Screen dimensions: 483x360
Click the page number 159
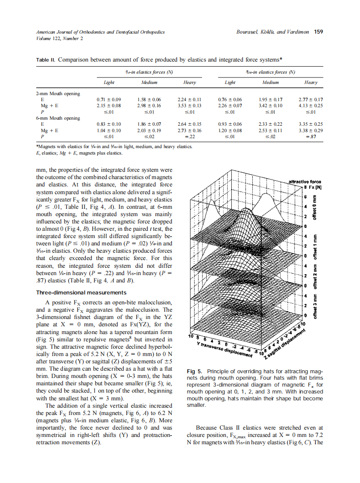click(319, 32)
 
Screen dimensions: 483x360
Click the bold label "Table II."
click(45, 59)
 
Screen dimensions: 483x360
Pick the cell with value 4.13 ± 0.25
click(310, 105)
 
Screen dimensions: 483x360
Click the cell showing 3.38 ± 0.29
click(310, 130)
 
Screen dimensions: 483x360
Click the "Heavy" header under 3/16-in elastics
click(310, 82)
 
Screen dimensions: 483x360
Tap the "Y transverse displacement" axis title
click(224, 350)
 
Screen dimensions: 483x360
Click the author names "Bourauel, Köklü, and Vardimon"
click(272, 32)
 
